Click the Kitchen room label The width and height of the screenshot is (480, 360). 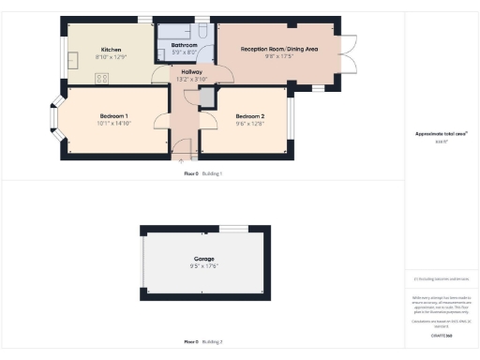click(x=111, y=50)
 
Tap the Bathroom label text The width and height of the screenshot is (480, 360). click(x=184, y=44)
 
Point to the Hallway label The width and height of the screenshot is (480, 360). click(x=191, y=71)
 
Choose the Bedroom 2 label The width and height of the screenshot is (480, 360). click(x=250, y=115)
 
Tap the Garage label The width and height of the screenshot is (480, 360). click(x=204, y=258)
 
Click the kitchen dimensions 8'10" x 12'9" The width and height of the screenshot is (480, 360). click(x=111, y=57)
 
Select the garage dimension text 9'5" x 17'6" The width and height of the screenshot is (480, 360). click(x=204, y=265)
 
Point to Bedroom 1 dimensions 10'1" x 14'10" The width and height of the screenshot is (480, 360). click(x=114, y=122)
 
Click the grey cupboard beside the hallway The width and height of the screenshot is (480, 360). click(x=206, y=96)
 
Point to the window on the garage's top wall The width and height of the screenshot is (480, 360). click(x=234, y=228)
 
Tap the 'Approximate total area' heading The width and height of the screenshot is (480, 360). click(x=442, y=134)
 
